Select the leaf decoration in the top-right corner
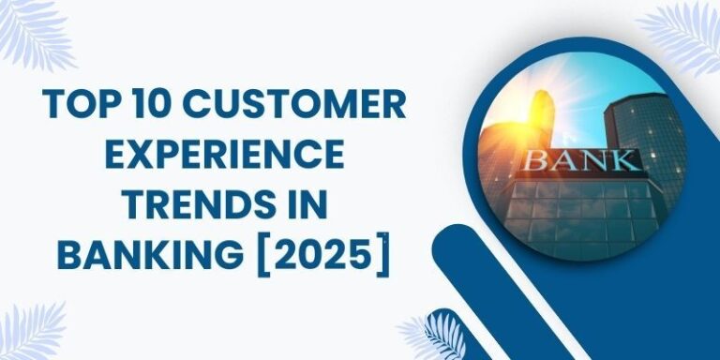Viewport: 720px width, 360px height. [689, 33]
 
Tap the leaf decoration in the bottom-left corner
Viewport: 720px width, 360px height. [33, 333]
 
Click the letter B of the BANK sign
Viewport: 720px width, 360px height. [537, 158]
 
